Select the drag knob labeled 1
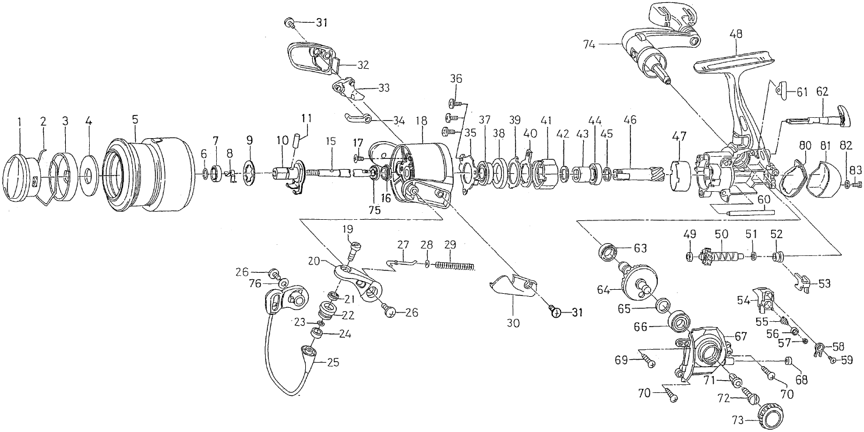click(x=20, y=178)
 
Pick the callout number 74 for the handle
click(x=590, y=45)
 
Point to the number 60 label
click(x=764, y=200)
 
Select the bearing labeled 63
click(x=608, y=253)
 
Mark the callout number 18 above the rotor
click(x=422, y=121)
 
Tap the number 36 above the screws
click(x=456, y=79)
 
